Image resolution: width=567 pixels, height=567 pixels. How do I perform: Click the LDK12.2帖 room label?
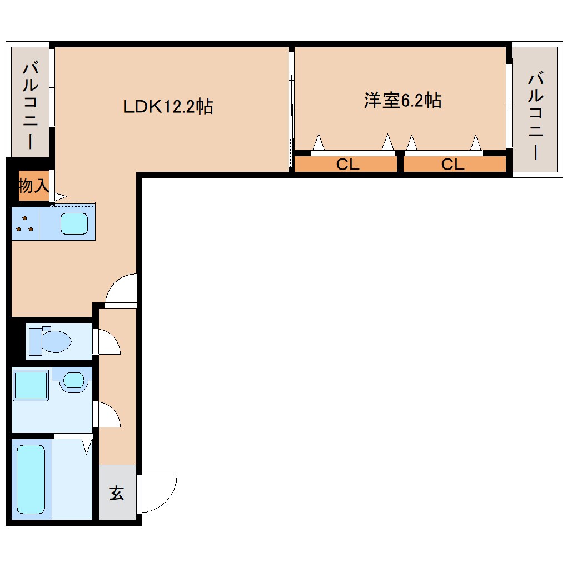168,106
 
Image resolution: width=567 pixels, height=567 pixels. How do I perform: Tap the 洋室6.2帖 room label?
402,101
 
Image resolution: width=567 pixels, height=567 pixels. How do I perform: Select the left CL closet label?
347,165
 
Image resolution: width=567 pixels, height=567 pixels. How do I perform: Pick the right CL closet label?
452,165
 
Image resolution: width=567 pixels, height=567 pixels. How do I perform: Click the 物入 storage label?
33,186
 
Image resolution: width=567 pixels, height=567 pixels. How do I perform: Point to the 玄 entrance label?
116,493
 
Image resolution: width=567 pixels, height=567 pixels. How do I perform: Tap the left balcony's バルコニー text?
30,106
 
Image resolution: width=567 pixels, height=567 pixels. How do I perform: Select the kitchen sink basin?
74,223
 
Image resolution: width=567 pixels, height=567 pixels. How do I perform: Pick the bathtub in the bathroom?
31,479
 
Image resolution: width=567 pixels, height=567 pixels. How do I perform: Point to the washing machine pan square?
31,385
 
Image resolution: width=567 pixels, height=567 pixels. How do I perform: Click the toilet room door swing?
109,341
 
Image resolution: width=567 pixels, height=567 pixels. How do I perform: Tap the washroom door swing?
109,415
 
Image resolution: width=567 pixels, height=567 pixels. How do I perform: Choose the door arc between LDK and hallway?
121,290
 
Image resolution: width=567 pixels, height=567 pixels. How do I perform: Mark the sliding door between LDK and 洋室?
291,108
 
